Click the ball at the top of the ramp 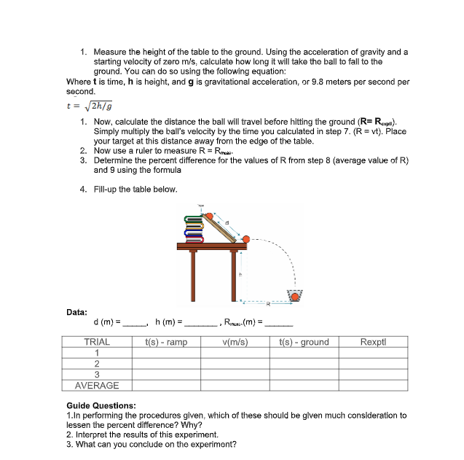[x=211, y=216]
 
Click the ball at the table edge [x=246, y=239]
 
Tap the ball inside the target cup [x=295, y=294]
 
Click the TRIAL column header [x=97, y=342]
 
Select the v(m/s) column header [x=233, y=342]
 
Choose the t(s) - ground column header [x=304, y=342]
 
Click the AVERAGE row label [x=97, y=386]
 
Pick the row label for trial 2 [x=97, y=364]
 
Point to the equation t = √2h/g [x=93, y=106]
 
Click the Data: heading [x=77, y=311]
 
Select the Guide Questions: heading [x=101, y=405]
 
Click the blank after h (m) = [x=201, y=323]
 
